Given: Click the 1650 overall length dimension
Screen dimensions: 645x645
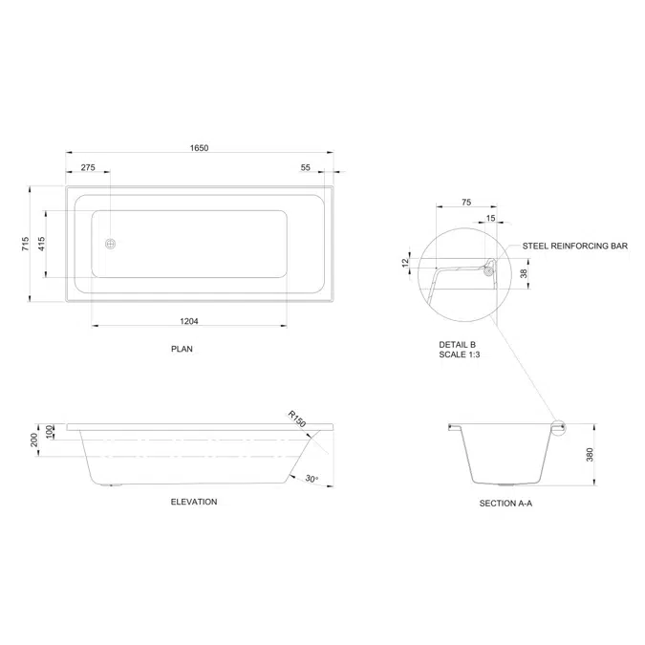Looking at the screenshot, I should tap(198, 148).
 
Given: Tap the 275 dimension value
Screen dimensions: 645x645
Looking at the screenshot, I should tap(88, 167).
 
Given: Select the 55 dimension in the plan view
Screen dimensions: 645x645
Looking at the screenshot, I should tap(306, 167).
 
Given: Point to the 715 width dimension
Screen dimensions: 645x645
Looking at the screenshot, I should tap(24, 245).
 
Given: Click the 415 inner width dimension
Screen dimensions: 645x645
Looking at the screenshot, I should tap(41, 245).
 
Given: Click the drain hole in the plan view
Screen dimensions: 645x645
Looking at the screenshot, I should tap(112, 245).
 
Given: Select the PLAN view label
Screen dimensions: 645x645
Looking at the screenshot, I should tap(182, 350).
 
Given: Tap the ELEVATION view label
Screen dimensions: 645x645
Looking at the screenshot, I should tap(194, 502).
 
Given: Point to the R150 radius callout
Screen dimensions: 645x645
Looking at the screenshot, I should tap(297, 419).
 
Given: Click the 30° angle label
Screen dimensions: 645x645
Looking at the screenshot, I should tap(312, 479).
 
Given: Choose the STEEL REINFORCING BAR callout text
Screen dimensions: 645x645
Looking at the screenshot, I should tap(574, 246).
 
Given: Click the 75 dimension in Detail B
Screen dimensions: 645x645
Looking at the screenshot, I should tap(467, 202).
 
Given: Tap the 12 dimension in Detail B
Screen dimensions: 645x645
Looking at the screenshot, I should tap(406, 263).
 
